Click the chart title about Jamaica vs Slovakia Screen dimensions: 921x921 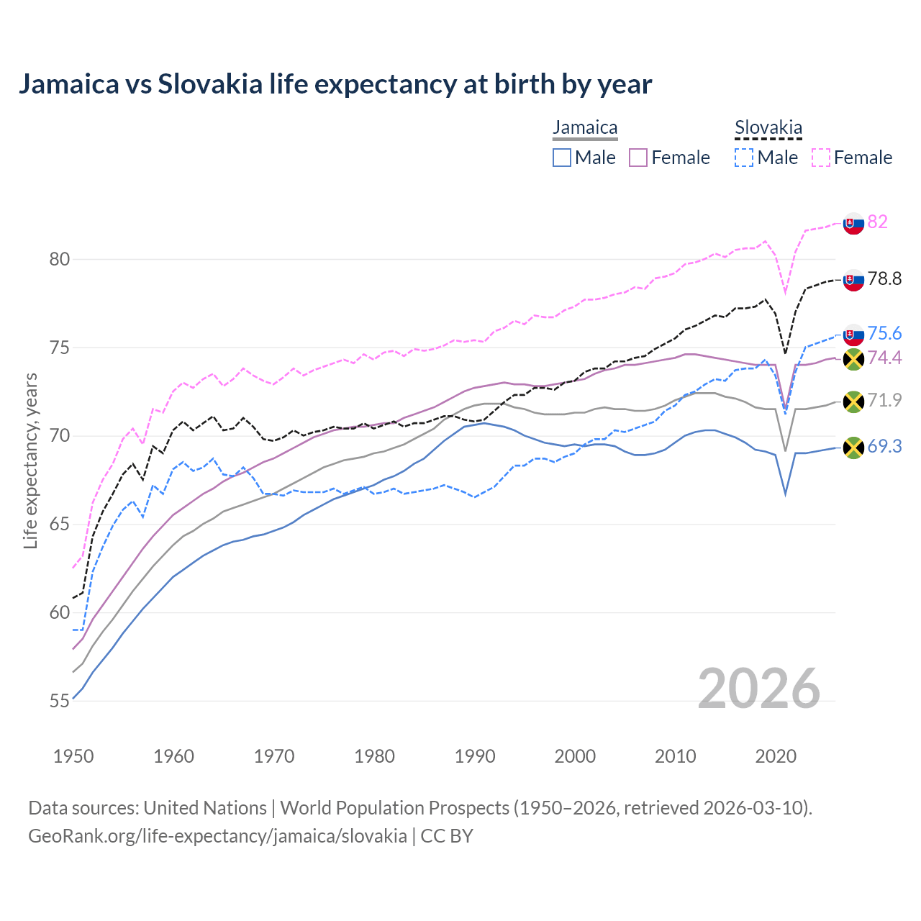[335, 84]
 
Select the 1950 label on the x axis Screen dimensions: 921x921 [73, 756]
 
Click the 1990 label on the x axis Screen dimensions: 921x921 [475, 756]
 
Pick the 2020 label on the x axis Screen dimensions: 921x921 [776, 756]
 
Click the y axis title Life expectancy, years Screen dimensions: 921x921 [30, 460]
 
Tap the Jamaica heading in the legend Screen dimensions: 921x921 [585, 128]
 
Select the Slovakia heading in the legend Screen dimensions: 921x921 [768, 128]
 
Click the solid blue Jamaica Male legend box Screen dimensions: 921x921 [562, 158]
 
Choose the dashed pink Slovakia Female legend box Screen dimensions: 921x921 [821, 158]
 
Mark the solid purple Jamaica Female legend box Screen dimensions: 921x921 [638, 158]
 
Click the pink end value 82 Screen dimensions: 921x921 [877, 222]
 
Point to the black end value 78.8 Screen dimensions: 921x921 [884, 279]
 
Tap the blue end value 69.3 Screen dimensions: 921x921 [884, 447]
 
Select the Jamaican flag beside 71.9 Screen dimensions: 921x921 [853, 401]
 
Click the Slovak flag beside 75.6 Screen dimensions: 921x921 [853, 335]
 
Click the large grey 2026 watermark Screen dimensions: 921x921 [758, 689]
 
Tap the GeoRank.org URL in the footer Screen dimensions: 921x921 [217, 836]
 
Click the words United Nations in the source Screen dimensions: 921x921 [205, 808]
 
